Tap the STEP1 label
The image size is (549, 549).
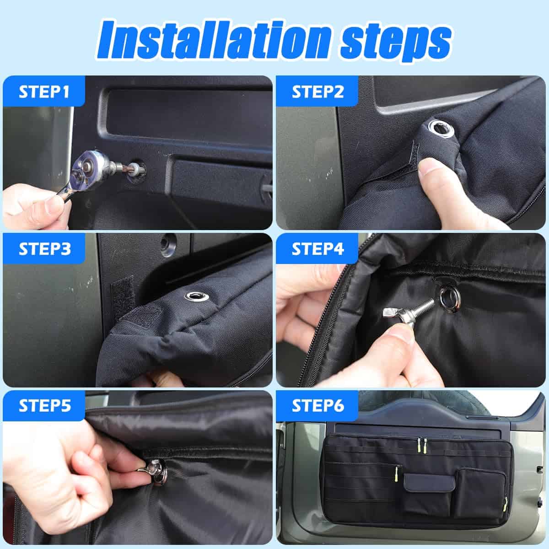pos(44,91)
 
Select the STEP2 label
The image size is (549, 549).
pos(318,91)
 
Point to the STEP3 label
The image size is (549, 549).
pos(44,249)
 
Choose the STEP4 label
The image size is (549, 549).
pos(318,249)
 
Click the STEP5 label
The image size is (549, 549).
pos(44,406)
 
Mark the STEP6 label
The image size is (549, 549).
pos(318,406)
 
